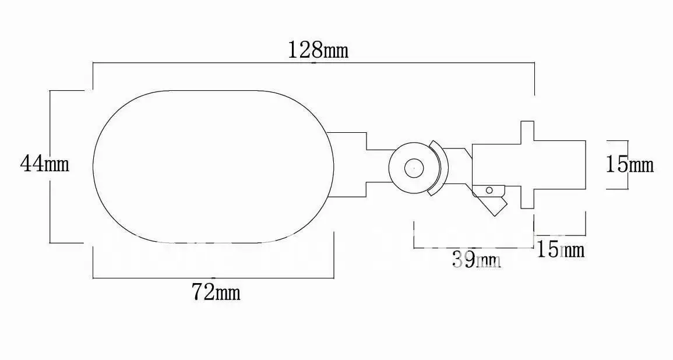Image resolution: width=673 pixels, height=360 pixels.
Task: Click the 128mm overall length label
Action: (x=318, y=50)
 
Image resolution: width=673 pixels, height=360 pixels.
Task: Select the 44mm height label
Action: (x=45, y=164)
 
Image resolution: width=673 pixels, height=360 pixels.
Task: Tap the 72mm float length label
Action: (x=216, y=292)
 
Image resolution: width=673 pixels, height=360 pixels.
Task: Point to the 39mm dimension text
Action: (x=477, y=260)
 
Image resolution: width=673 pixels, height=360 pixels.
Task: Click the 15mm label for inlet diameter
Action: (x=630, y=164)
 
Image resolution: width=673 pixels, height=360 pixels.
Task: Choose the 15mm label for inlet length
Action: (x=561, y=249)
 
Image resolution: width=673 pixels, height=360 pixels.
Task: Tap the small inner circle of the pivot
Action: (x=414, y=168)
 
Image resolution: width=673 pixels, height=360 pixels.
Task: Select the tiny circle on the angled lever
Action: (x=489, y=190)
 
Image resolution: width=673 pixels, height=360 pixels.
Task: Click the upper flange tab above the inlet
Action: (x=527, y=131)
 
